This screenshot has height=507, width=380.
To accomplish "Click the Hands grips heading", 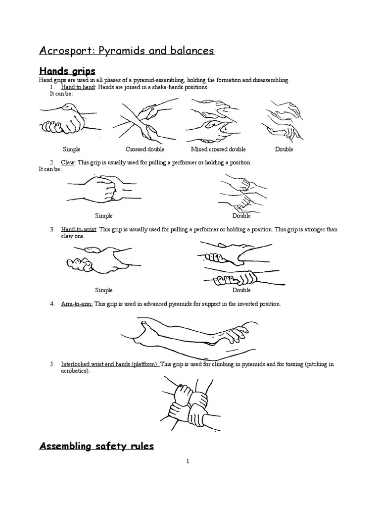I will coord(67,72).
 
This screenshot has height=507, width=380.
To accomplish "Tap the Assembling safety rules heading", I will coord(96,447).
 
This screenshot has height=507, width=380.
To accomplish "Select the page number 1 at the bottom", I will coord(188,461).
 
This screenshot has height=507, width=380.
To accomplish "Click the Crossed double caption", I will coord(144,149).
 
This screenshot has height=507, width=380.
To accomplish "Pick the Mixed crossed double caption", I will coord(218,149).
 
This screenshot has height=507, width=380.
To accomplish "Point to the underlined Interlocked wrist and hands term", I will coord(110,364).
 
